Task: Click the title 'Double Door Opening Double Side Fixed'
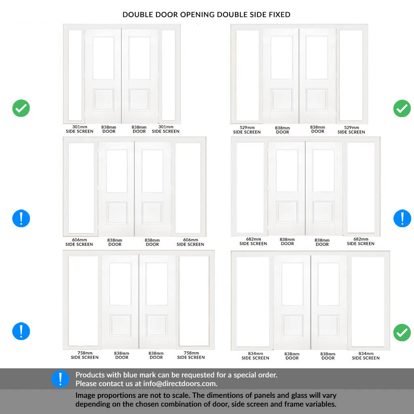tap(206, 15)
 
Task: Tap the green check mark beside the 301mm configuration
tap(21, 108)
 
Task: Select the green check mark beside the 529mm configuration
tap(402, 108)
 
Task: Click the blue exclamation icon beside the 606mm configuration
tap(21, 218)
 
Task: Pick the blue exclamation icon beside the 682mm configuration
tap(402, 218)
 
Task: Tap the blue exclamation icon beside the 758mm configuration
tap(21, 331)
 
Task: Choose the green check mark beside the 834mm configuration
tap(402, 332)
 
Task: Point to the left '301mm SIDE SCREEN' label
tap(80, 129)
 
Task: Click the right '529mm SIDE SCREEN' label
tap(351, 130)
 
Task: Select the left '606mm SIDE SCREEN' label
tap(79, 242)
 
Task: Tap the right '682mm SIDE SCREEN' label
tap(361, 241)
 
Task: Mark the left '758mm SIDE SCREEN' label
tap(85, 355)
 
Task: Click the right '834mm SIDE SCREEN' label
tap(365, 356)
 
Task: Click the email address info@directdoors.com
tap(180, 384)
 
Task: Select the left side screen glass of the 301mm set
tap(75, 75)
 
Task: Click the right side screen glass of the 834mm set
tap(368, 302)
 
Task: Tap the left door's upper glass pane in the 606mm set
tap(116, 171)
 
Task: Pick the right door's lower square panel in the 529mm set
tap(317, 99)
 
